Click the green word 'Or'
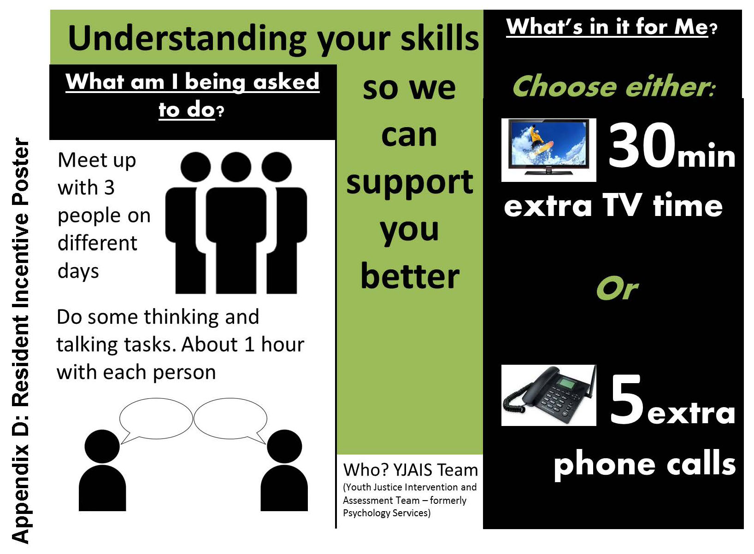[617, 289]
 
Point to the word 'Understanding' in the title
[187, 39]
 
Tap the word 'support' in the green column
[410, 183]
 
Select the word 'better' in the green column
[410, 276]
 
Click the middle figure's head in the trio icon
[236, 167]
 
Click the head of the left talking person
[102, 447]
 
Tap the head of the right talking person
[284, 447]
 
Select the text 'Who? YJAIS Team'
[410, 470]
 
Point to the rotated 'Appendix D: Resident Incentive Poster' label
[20, 341]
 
